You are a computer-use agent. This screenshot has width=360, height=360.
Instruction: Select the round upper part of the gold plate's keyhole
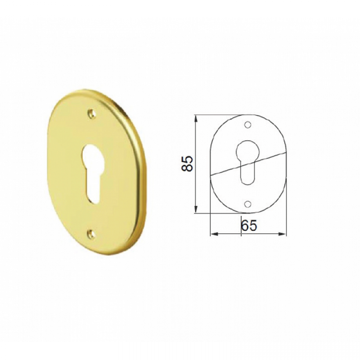click(93, 155)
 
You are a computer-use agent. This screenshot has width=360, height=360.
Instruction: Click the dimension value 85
click(186, 164)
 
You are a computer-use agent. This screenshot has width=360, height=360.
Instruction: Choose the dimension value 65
click(249, 226)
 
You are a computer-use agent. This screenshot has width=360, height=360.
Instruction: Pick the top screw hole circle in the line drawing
click(248, 125)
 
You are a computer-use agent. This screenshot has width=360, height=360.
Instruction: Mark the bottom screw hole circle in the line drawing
click(248, 204)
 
